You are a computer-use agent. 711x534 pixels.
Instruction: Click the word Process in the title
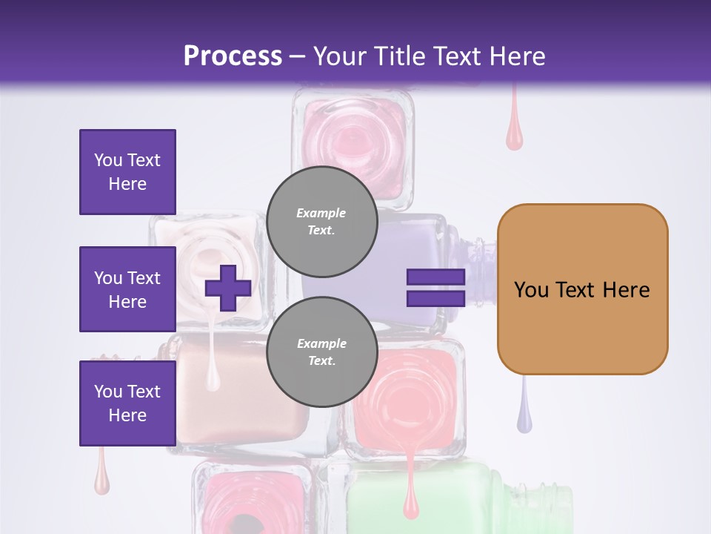(233, 56)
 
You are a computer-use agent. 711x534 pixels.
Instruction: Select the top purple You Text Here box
(127, 172)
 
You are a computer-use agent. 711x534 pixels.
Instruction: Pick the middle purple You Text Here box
(127, 289)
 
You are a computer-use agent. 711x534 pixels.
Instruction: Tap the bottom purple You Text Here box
(127, 403)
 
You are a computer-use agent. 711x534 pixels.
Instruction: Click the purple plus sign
(228, 288)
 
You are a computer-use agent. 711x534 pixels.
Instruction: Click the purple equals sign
(435, 288)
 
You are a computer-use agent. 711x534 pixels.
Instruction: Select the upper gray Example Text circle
(321, 221)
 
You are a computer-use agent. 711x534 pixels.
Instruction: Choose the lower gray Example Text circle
(321, 352)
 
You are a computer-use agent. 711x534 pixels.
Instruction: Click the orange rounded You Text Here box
(582, 289)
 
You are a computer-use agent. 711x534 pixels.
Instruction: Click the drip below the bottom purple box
(102, 478)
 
